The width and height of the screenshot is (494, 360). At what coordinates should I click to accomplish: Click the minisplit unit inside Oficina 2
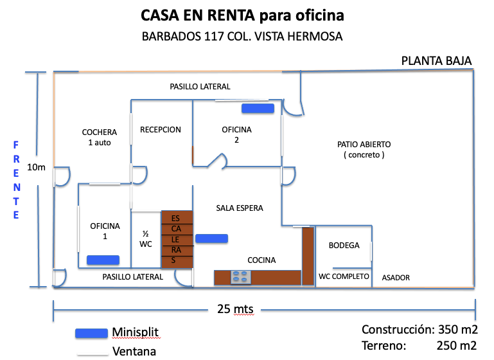coord(258,109)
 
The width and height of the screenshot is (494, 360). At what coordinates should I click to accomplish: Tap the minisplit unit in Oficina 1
coord(103,260)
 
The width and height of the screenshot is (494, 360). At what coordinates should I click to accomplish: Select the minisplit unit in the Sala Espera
coord(212,239)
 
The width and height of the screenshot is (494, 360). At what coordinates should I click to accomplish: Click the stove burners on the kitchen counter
coord(241,278)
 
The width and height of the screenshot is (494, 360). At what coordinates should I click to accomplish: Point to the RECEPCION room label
coord(161,130)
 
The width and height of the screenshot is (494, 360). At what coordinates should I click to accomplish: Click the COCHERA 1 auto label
coord(100,137)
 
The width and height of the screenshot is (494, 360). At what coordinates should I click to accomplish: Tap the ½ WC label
coord(146,239)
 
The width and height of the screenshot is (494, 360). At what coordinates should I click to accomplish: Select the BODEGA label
coord(344,246)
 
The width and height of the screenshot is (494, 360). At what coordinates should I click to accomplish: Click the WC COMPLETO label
coord(344,276)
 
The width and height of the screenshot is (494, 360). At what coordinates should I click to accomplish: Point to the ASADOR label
coord(396,278)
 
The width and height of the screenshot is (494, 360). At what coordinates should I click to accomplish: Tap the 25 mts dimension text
coord(235,309)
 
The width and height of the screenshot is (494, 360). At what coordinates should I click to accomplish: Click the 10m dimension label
coord(36,167)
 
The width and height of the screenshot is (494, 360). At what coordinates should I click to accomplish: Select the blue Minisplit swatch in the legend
coord(91,333)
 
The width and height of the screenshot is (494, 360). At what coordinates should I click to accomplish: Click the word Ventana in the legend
coord(134,351)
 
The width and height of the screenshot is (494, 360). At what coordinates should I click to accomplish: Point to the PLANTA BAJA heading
coord(436,61)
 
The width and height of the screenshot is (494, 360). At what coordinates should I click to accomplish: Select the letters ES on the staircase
coord(175,219)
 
